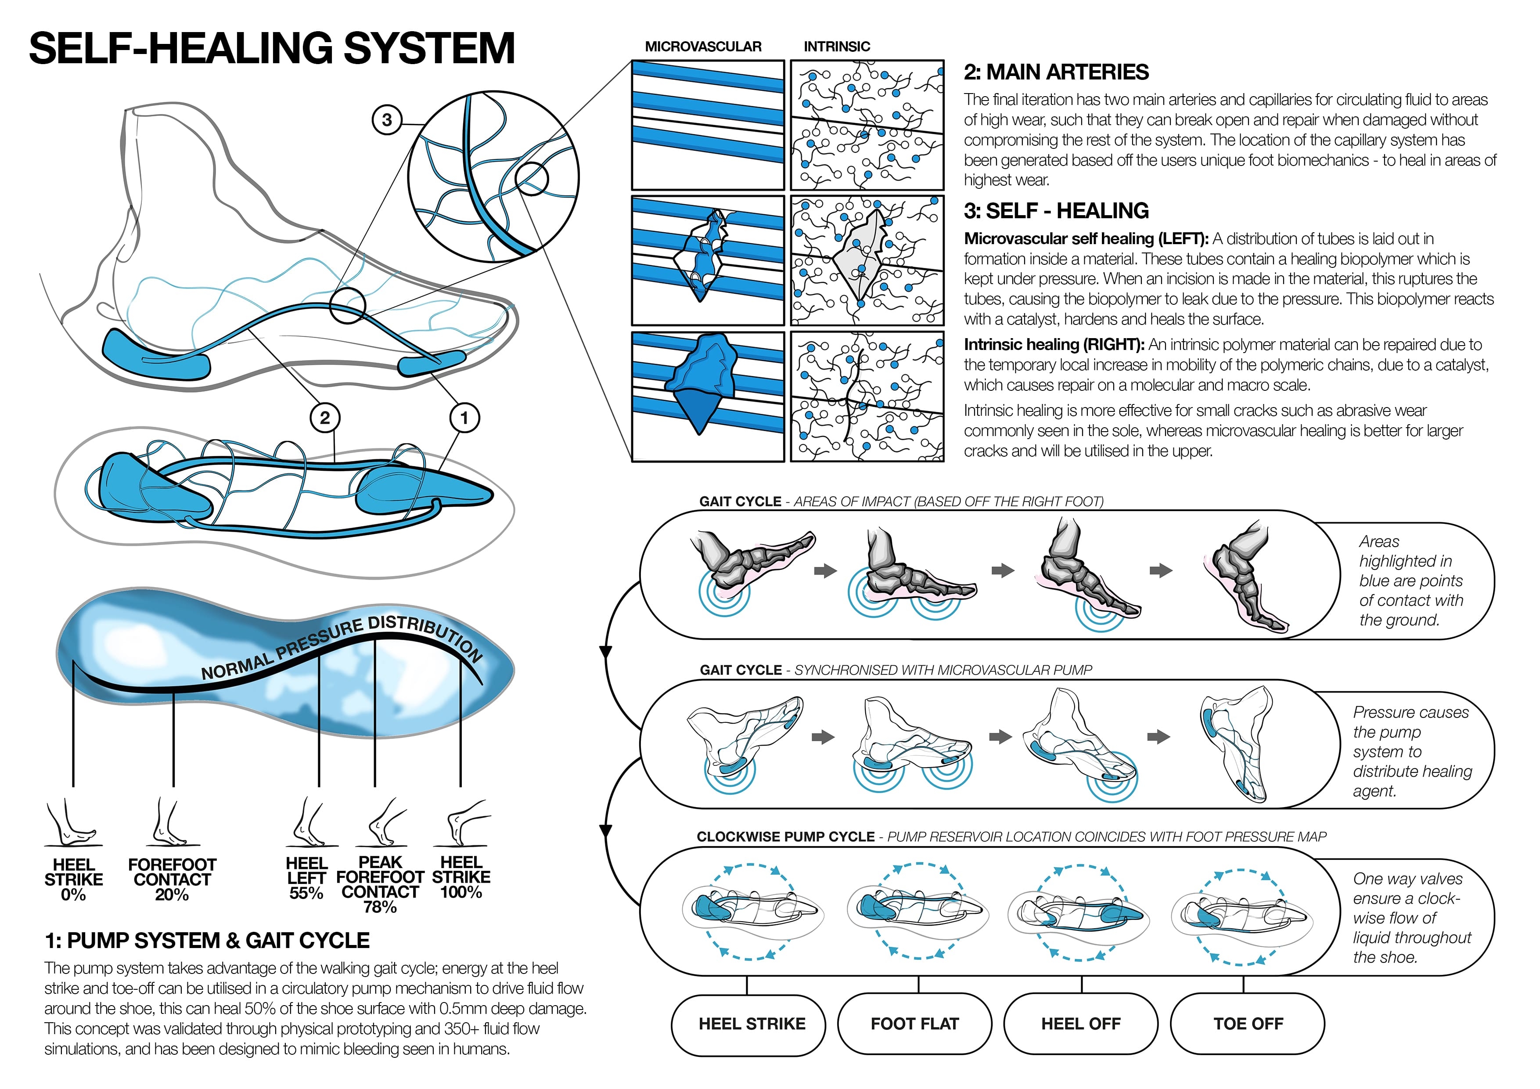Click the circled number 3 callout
pos(387,120)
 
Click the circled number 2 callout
pos(324,418)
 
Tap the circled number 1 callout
pos(464,418)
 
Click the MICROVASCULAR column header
pos(703,46)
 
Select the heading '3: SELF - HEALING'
pos(1056,211)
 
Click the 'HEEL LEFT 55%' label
pos(306,878)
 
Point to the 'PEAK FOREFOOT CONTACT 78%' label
pos(380,884)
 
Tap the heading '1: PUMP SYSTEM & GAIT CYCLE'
pos(207,940)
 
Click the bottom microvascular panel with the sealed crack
pos(708,397)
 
